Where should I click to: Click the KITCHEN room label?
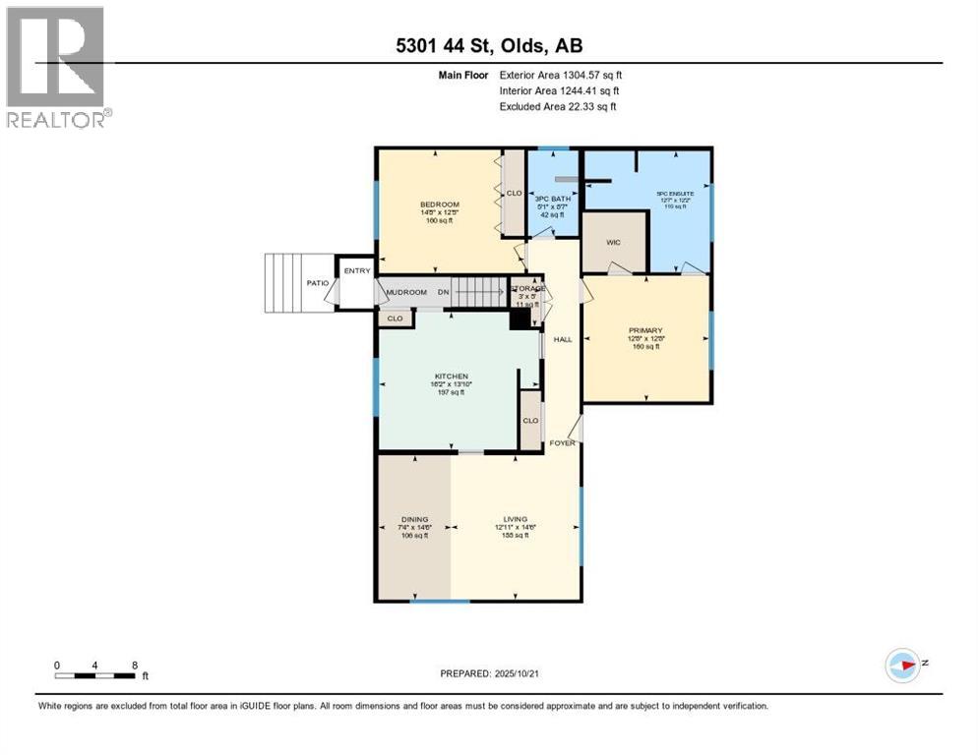click(x=449, y=377)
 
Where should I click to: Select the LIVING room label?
click(x=515, y=519)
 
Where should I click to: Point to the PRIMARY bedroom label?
click(x=645, y=330)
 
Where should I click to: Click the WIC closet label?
click(x=613, y=242)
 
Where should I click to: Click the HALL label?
click(x=563, y=339)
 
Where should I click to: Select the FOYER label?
click(x=562, y=442)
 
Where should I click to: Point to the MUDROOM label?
click(x=404, y=292)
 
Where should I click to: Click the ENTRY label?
click(x=356, y=271)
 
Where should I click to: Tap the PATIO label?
click(x=317, y=283)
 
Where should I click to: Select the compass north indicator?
click(x=904, y=665)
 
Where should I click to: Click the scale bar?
click(x=95, y=674)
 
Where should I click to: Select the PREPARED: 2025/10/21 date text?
click(x=488, y=673)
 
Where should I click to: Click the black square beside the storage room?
click(x=519, y=319)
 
